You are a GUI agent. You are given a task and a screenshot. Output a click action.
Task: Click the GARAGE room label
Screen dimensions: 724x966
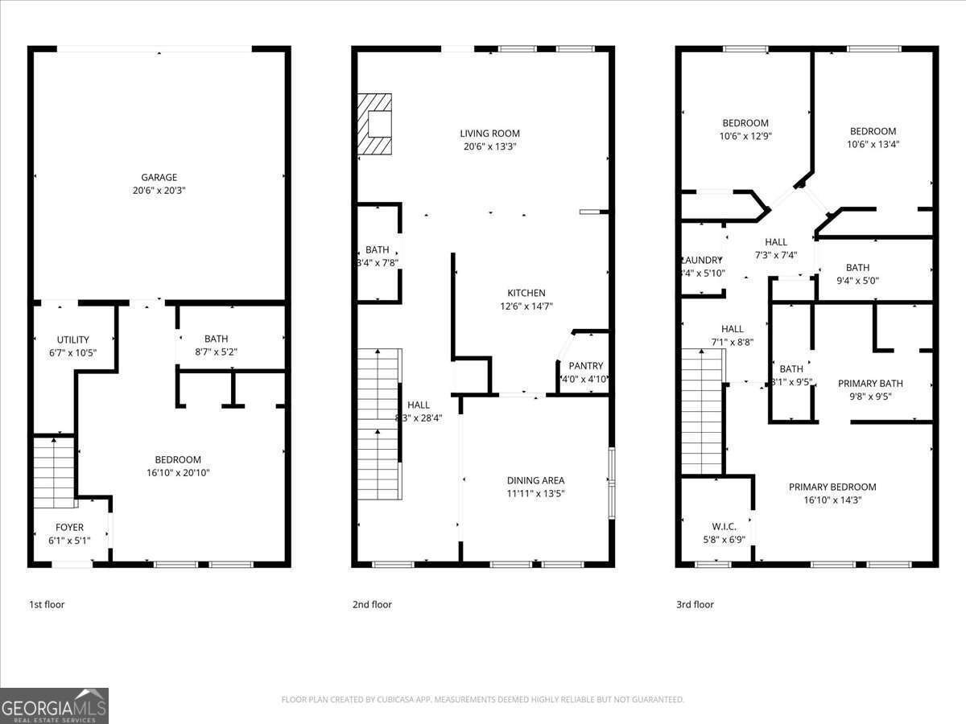(159, 177)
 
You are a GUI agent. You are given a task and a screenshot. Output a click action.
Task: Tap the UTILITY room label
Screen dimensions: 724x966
(72, 339)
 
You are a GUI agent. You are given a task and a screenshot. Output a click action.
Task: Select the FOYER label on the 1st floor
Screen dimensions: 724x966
(69, 528)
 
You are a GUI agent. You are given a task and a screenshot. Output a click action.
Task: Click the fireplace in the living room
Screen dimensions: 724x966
(375, 124)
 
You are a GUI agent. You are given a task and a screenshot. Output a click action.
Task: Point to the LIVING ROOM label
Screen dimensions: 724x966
(489, 134)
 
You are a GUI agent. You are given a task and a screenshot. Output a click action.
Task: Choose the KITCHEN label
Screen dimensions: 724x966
(526, 293)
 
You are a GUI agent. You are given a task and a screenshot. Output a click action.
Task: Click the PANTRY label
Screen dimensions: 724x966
(585, 366)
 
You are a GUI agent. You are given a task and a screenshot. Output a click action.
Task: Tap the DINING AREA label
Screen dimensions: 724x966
(535, 480)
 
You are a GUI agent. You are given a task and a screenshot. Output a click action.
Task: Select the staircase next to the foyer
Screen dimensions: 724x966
(54, 471)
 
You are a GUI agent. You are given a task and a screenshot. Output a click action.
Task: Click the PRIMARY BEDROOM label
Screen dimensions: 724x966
(832, 487)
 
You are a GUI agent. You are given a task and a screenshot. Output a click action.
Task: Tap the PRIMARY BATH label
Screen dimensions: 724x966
(870, 384)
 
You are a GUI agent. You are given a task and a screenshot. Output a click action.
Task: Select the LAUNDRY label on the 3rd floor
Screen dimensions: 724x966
(702, 260)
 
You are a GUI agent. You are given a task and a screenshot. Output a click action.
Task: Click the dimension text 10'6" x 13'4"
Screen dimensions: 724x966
(873, 145)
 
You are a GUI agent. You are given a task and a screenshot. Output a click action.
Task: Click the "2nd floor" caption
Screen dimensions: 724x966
(372, 604)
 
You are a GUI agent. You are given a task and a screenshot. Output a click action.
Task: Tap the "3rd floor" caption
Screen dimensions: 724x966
(695, 604)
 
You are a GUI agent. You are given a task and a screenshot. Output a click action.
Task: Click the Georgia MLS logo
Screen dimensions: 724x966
(54, 705)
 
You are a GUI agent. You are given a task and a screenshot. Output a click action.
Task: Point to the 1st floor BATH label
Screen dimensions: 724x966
(216, 339)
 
